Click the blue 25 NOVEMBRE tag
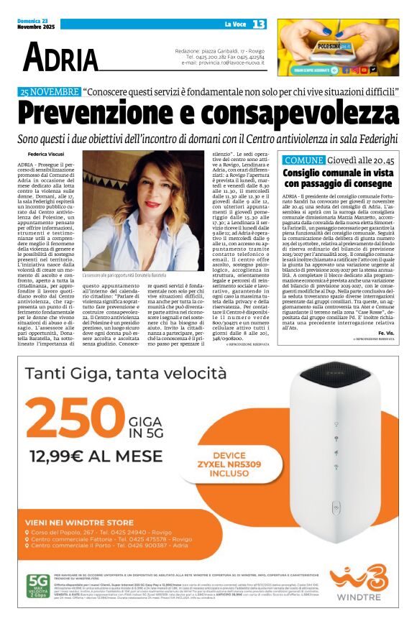[50, 93]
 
